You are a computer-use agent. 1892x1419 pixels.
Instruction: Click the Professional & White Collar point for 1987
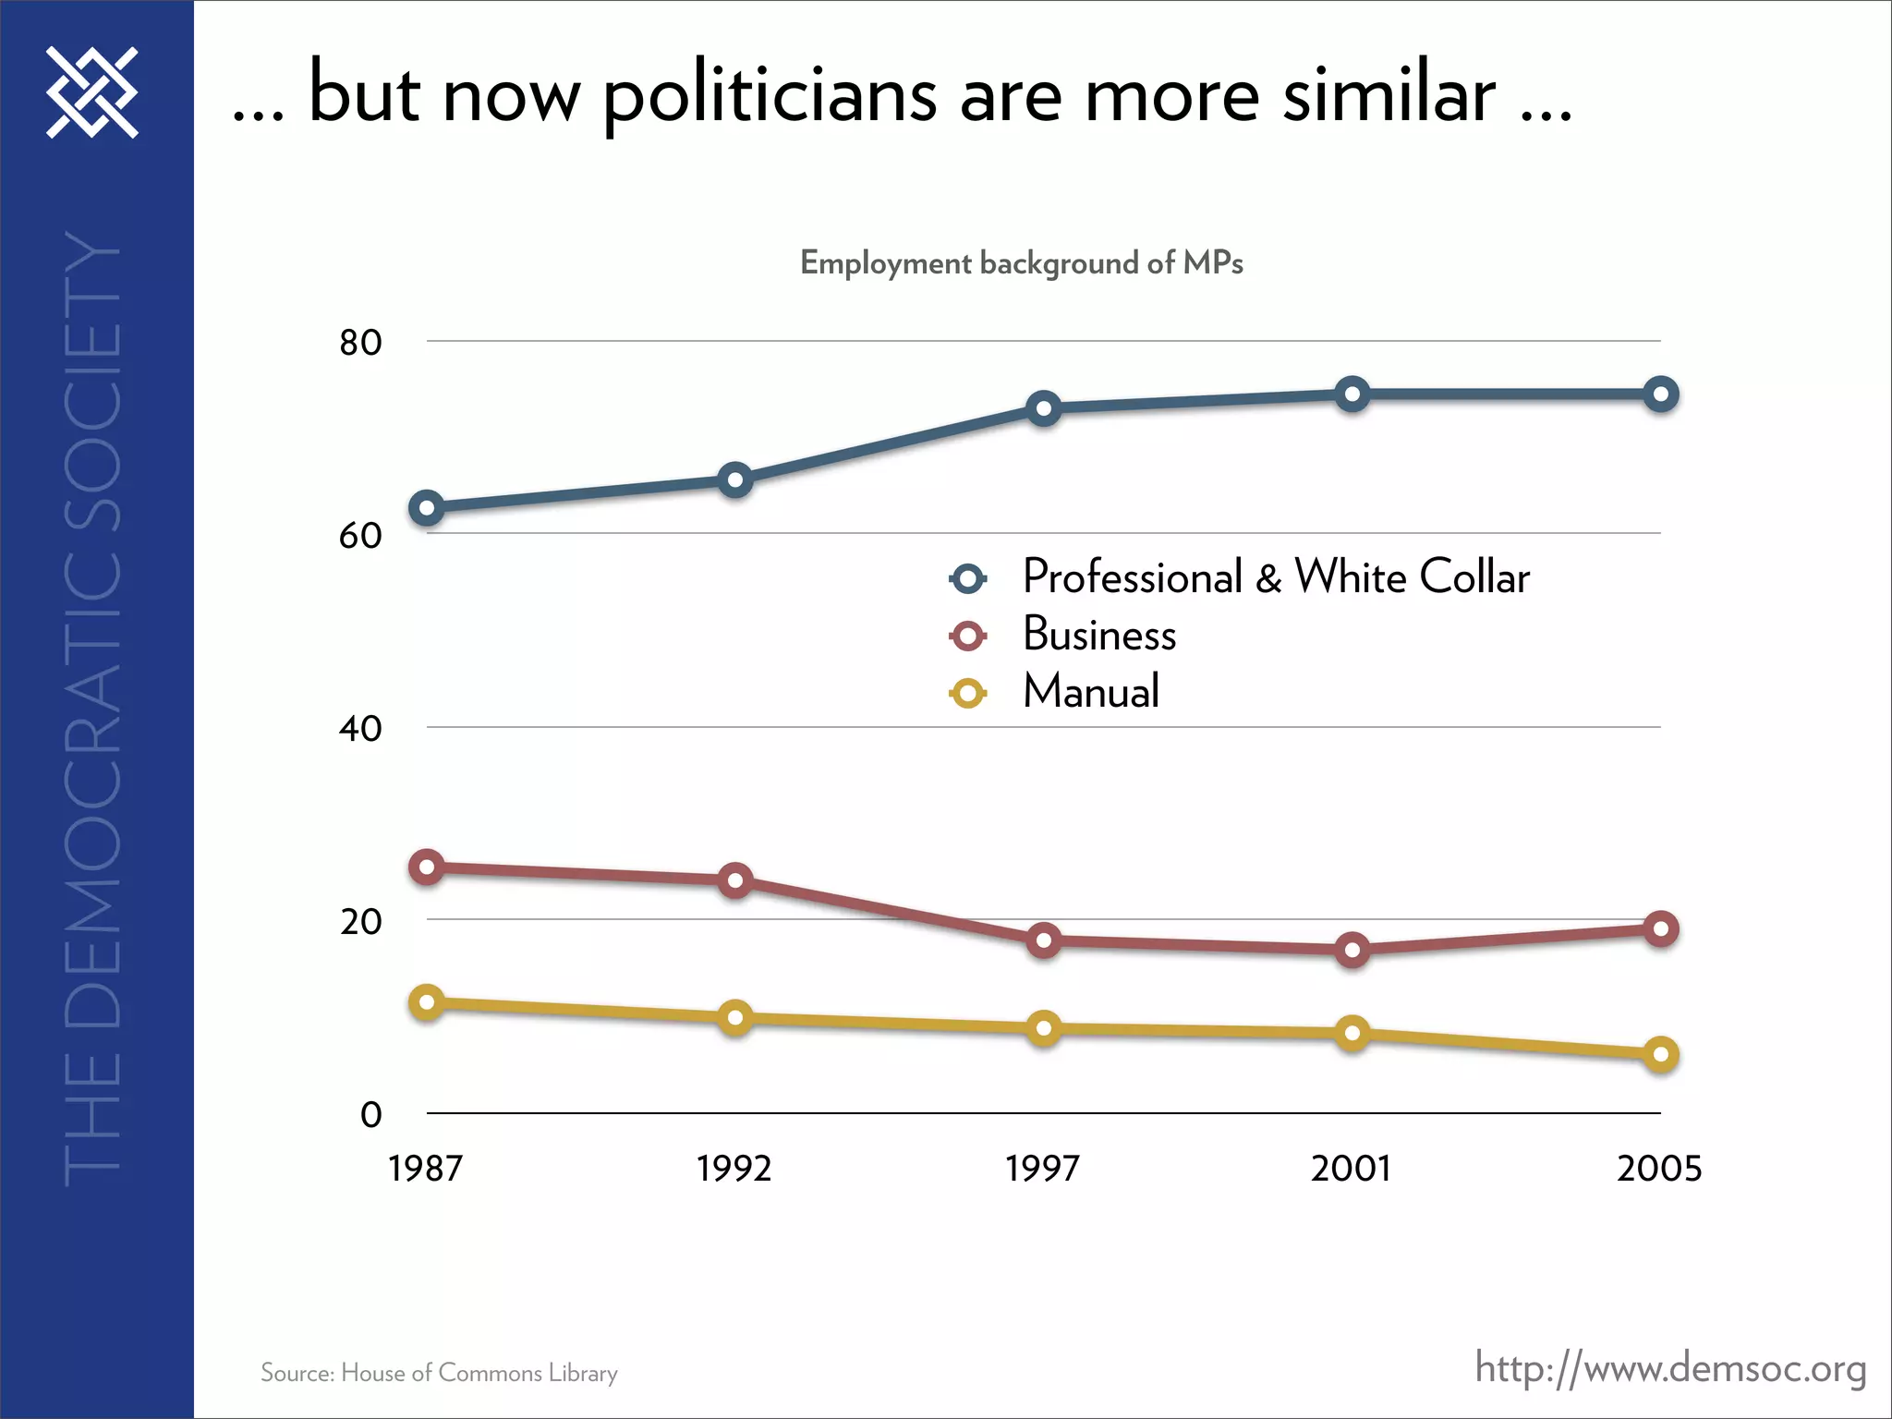click(x=427, y=508)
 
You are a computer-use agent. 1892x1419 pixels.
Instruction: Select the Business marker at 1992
click(x=735, y=880)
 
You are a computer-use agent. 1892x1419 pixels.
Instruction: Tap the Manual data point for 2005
click(x=1660, y=1054)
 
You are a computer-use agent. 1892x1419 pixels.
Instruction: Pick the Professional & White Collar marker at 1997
click(x=1044, y=408)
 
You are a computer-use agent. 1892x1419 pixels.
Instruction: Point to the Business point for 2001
click(x=1352, y=950)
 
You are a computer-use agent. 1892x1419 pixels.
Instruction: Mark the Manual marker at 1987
click(x=427, y=1002)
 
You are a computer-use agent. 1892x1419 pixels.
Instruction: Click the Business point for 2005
click(x=1660, y=928)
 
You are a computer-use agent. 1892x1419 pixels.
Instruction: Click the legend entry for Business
click(x=1098, y=635)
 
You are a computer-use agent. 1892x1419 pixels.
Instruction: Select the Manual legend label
click(x=1090, y=692)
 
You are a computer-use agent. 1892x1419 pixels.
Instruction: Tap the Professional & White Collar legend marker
click(x=968, y=579)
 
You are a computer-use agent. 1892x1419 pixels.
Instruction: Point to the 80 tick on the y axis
click(x=360, y=343)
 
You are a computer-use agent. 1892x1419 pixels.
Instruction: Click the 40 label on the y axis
click(x=360, y=729)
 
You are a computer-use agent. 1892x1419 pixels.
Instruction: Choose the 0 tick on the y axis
click(x=370, y=1115)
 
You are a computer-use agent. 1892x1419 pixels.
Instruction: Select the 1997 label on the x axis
click(x=1042, y=1170)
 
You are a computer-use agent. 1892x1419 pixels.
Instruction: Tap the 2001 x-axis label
click(x=1351, y=1170)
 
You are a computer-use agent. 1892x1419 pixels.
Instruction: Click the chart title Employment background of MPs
click(x=1021, y=263)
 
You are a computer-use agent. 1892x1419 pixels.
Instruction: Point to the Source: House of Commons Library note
click(x=439, y=1373)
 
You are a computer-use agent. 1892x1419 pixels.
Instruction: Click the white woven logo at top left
click(x=92, y=92)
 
